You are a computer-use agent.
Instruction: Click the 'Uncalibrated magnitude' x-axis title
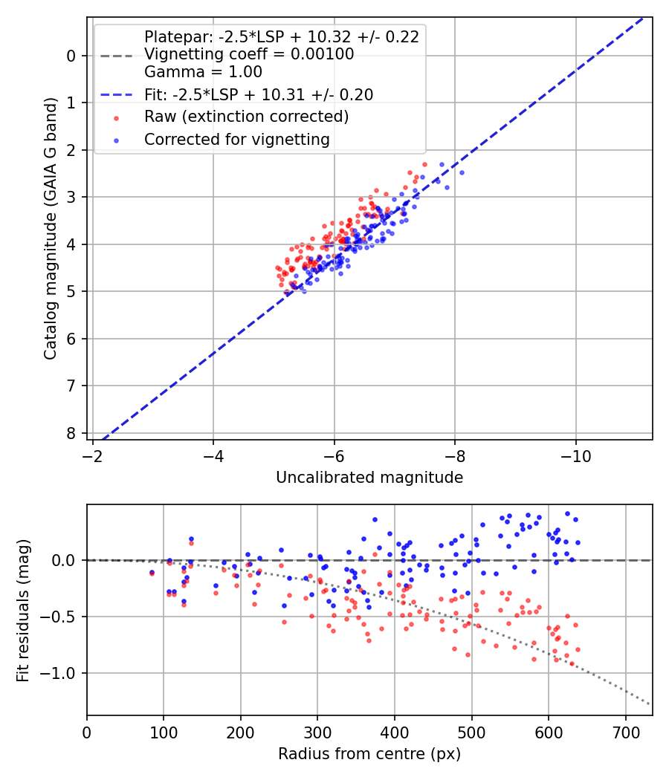369,478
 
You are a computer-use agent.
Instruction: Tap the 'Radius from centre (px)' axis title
369,754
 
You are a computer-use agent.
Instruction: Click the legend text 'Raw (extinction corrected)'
246,117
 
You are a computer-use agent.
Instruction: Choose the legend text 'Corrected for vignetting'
236,139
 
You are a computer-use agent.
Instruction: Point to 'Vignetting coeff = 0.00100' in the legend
249,54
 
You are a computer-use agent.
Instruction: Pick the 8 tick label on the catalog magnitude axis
71,433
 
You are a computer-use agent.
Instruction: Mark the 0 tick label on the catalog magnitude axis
71,56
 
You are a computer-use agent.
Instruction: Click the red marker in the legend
115,117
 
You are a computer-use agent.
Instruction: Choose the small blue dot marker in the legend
115,140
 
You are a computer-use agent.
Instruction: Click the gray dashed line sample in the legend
115,55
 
